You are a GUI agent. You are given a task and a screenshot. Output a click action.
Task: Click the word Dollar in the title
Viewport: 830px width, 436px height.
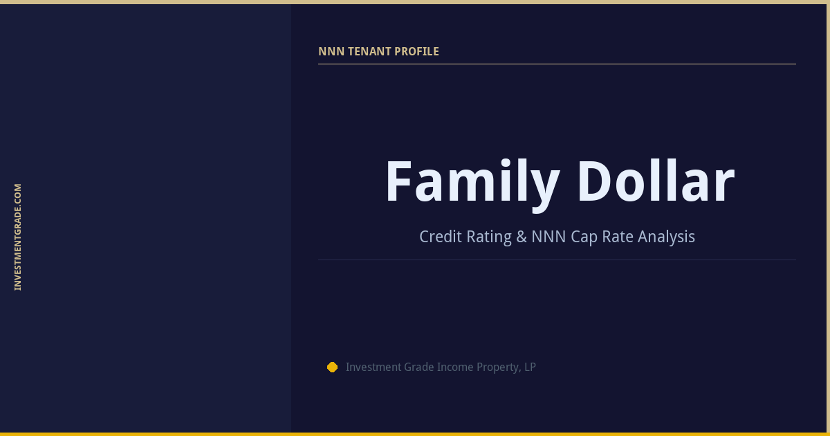(655, 183)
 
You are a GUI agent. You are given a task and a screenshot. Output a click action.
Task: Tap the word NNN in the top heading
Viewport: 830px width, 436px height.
(329, 51)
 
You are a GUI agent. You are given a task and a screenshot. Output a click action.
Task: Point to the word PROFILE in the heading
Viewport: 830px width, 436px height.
(416, 51)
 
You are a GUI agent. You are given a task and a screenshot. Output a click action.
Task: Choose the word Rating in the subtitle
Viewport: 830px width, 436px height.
(488, 237)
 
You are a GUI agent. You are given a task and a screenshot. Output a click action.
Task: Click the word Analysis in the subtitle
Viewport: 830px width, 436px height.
(666, 237)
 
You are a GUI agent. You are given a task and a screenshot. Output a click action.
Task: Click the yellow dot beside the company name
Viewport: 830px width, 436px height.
(332, 367)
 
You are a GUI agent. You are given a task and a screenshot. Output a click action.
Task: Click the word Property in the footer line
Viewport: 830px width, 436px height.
(499, 367)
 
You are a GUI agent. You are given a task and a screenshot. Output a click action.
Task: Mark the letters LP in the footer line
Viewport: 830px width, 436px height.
(530, 367)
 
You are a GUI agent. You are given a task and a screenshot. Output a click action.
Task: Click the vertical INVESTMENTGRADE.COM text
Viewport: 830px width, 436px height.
(18, 237)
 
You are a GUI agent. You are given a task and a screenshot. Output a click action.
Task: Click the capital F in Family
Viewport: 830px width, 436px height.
(399, 183)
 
